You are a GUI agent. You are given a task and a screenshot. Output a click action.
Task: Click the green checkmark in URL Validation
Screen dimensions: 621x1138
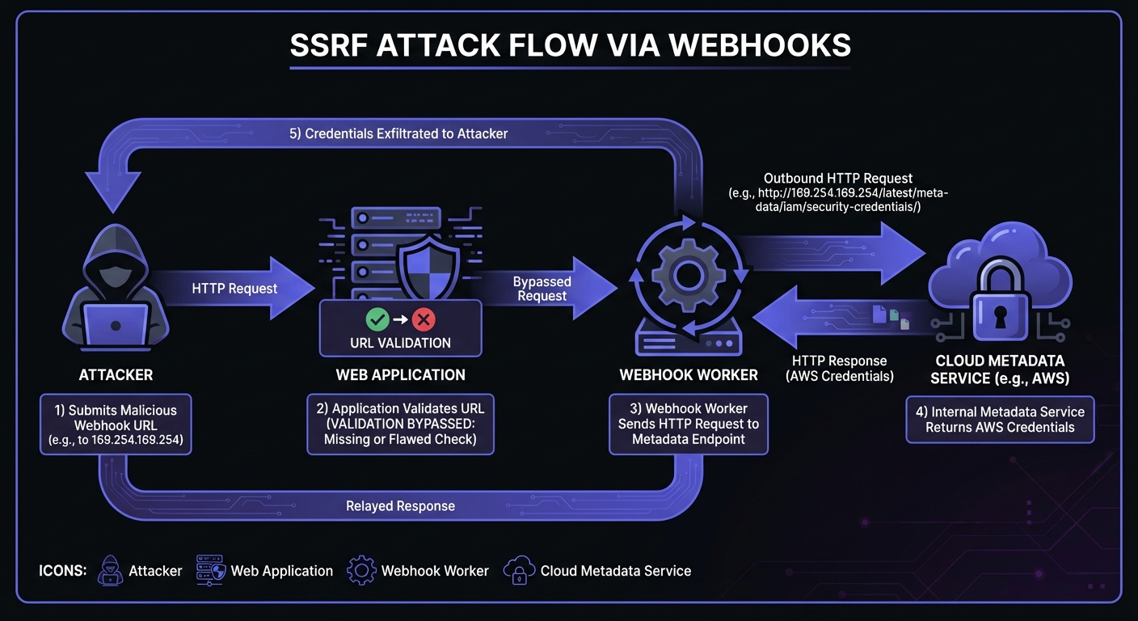pos(377,319)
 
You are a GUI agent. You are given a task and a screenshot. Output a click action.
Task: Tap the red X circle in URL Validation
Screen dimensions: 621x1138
pos(424,319)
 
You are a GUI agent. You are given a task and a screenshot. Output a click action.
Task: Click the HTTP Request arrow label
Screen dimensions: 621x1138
pos(234,288)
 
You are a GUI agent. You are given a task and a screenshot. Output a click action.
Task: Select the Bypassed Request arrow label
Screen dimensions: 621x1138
pos(542,289)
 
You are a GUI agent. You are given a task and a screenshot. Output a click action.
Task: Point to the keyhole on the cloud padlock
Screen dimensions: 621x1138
pos(1000,317)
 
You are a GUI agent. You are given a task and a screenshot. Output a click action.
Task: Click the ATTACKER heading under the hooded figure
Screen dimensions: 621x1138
pos(116,374)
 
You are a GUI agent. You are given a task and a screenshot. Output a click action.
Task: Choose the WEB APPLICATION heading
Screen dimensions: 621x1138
pos(400,374)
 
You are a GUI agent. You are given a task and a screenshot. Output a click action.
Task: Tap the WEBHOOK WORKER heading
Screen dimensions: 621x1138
pos(689,374)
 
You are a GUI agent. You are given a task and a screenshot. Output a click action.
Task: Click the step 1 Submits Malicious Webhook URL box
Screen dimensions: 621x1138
pos(116,425)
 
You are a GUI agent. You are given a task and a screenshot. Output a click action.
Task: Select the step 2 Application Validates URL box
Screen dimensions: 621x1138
pos(400,425)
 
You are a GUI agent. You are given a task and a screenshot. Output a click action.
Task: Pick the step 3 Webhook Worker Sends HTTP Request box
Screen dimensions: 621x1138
pos(689,425)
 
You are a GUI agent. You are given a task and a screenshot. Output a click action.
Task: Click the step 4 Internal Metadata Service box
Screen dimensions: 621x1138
pos(1000,419)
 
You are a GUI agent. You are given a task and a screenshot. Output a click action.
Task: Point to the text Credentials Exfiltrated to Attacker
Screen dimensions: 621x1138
pos(398,133)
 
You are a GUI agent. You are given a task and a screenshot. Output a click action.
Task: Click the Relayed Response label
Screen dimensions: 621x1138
pos(400,506)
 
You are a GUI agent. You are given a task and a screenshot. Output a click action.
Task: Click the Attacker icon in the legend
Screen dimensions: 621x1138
pos(110,570)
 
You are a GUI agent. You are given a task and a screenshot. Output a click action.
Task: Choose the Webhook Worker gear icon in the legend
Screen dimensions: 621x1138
pos(361,570)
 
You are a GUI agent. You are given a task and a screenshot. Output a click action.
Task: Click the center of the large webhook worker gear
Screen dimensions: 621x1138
pos(685,275)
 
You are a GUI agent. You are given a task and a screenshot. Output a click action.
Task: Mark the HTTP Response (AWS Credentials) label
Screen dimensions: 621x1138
pos(839,368)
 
